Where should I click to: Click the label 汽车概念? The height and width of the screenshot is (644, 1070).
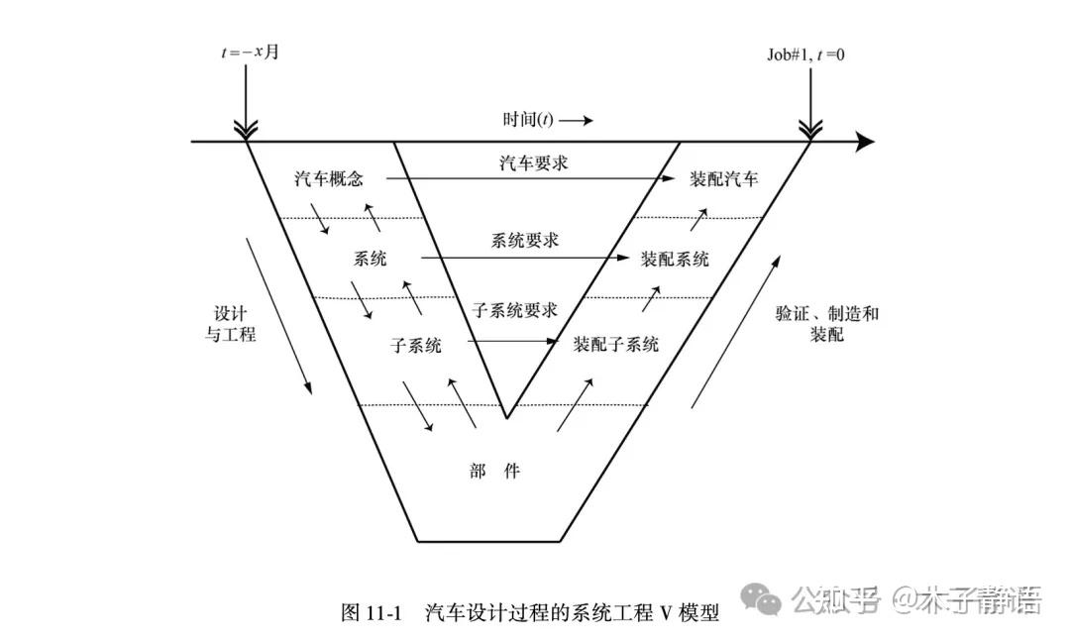329,180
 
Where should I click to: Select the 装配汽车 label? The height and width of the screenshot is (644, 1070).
724,180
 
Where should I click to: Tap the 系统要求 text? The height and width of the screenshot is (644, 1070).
525,241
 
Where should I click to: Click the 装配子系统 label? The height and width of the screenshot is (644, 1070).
615,345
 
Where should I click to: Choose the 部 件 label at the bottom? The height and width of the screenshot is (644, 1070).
495,472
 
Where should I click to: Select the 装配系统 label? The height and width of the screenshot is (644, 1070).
675,260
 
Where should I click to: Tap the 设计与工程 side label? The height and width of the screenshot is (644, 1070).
230,322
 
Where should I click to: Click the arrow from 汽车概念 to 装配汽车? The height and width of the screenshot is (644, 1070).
525,179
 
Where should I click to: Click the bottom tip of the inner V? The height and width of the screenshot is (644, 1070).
506,417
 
